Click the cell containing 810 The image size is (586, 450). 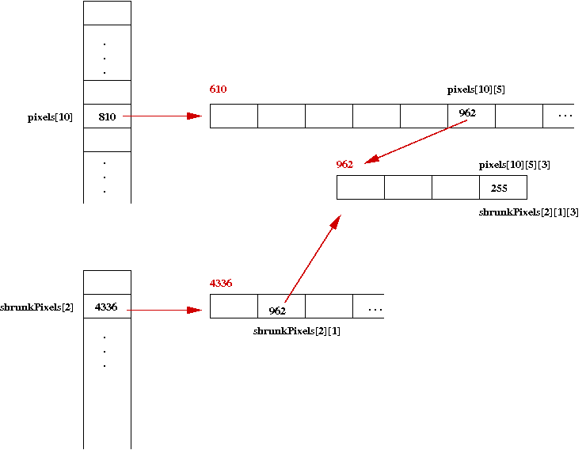pos(107,116)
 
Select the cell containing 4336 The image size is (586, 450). pos(107,307)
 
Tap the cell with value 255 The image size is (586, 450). pos(502,188)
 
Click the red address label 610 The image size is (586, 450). pos(218,90)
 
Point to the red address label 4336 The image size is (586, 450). pos(221,283)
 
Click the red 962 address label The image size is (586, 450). pos(344,164)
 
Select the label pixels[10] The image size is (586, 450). pos(50,117)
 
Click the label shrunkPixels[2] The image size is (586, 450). pos(37,307)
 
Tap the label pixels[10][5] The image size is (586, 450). pos(476,90)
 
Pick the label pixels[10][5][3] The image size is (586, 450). pos(515,165)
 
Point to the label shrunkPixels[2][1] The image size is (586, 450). pos(296,331)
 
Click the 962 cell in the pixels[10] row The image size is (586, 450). pos(471,116)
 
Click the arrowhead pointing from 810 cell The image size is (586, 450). pos(194,116)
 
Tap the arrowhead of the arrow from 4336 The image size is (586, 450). pos(194,310)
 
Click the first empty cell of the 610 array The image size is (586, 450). pos(234,116)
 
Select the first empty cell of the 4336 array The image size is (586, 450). pos(234,307)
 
